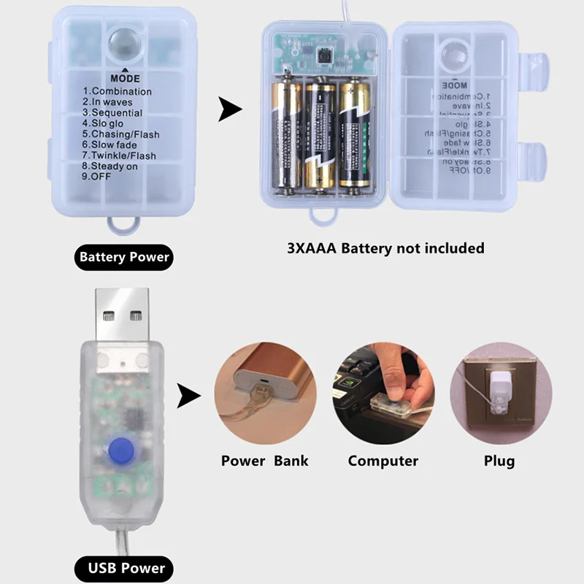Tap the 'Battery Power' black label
(x=124, y=256)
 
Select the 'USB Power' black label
(x=124, y=568)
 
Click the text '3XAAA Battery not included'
(x=385, y=248)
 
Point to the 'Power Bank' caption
(x=264, y=461)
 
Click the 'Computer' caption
(x=383, y=461)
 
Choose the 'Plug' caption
(x=499, y=461)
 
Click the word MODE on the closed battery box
(x=125, y=78)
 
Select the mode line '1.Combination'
(x=117, y=91)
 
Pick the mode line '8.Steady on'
(x=109, y=166)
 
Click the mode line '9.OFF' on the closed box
(x=101, y=177)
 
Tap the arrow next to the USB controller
(x=189, y=396)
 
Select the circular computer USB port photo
(x=383, y=395)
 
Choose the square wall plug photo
(x=499, y=395)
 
